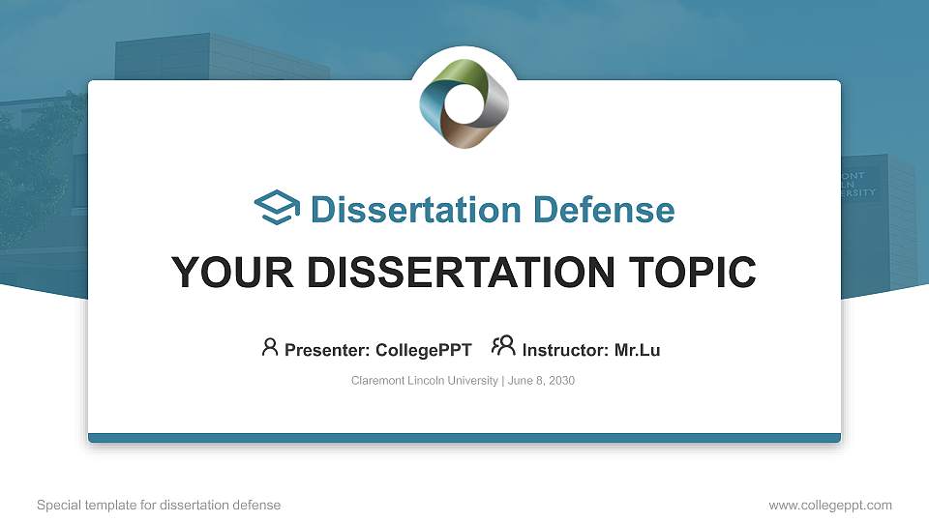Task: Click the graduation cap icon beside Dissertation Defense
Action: tap(277, 207)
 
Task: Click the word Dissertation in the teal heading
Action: tap(416, 210)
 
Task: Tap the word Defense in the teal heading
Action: tap(604, 210)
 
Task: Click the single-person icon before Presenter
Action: tap(270, 347)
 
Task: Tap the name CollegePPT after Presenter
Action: tap(424, 350)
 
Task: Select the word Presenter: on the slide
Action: tap(327, 350)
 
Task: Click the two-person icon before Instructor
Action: tap(503, 346)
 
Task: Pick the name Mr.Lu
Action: tap(637, 350)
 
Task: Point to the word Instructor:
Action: tap(565, 350)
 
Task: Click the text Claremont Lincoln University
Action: tap(424, 381)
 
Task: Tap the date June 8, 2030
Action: tap(541, 381)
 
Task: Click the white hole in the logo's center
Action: tap(464, 105)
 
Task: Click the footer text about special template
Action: tap(159, 505)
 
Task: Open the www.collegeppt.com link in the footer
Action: tap(830, 505)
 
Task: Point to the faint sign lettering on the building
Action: tap(857, 184)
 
